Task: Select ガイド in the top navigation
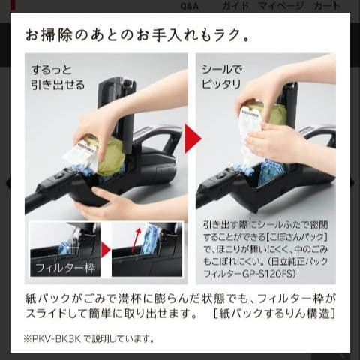[235, 6]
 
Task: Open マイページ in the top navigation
[281, 6]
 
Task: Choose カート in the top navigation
[326, 6]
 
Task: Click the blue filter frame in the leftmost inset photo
[65, 246]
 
